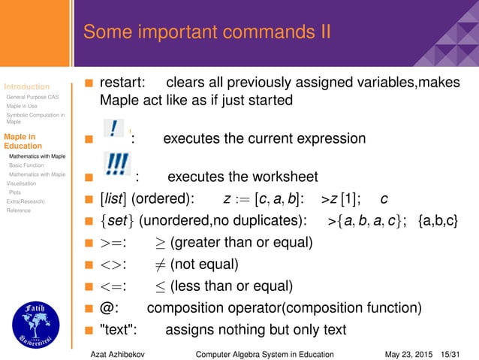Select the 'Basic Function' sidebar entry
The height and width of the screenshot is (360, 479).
(26, 165)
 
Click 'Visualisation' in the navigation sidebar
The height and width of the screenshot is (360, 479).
(21, 183)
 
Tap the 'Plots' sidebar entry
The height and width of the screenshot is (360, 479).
(15, 192)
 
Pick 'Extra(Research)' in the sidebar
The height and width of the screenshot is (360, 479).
(26, 201)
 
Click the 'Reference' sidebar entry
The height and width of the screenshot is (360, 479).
(19, 210)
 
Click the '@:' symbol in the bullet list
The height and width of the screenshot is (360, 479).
(108, 308)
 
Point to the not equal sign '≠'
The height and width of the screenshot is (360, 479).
(161, 265)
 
